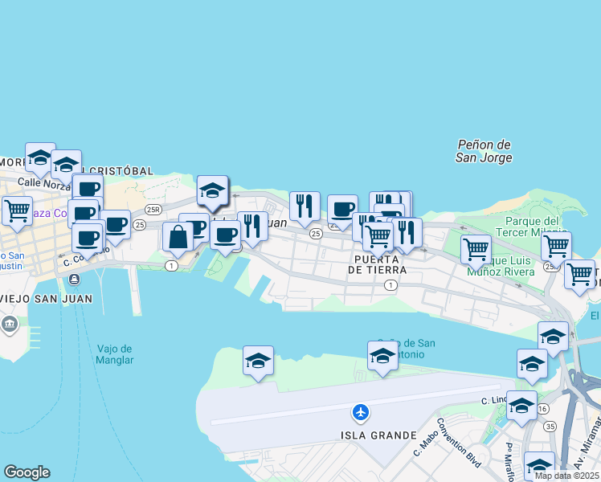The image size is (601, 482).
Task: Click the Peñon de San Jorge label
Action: tap(484, 151)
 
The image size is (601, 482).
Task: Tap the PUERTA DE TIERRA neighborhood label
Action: tap(378, 264)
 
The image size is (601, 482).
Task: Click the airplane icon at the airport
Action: tap(361, 412)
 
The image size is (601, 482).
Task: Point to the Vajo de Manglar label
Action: tap(115, 354)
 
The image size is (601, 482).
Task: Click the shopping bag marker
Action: tap(178, 237)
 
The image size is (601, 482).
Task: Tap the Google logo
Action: tap(27, 472)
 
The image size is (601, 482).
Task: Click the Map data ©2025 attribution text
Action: tap(566, 476)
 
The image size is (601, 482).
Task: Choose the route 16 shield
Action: tap(543, 409)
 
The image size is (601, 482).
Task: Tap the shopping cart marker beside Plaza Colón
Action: tap(17, 211)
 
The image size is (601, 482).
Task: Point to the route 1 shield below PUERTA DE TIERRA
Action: tap(390, 285)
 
